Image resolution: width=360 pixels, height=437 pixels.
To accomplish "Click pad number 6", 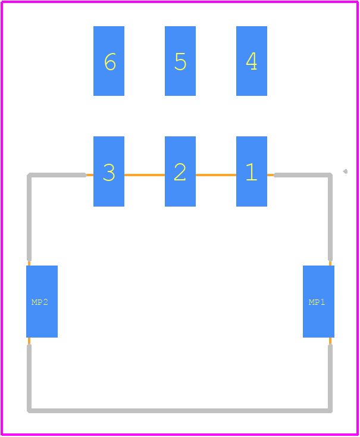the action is coord(109,61).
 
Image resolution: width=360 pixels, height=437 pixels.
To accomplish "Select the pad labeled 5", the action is coord(180,61).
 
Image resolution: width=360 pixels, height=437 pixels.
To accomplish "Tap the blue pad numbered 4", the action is coord(252,61).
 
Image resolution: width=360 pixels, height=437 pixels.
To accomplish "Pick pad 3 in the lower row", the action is coord(109,171).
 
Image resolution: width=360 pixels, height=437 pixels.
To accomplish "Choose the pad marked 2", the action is coord(180,171).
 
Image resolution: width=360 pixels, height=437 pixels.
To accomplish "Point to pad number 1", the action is coord(252,171).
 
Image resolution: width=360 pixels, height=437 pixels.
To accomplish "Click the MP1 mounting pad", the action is coord(318,301).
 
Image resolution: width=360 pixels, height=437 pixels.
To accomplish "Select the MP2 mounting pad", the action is coord(42,301).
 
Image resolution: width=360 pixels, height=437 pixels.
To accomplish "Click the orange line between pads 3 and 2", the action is coord(145,175).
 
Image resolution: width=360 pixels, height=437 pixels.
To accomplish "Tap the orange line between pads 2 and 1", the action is coord(216,175).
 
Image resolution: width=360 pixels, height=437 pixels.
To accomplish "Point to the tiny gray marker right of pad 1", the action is coord(345,171).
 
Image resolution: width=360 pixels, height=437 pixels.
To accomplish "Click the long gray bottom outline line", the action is coord(180,411).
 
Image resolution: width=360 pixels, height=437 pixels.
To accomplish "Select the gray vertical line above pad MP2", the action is coord(29,218).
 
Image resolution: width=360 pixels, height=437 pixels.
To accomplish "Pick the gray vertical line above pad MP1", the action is coord(330,218).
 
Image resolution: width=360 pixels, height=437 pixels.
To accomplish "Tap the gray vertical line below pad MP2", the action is coord(29,378).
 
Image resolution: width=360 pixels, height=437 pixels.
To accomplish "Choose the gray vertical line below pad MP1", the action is coord(330,378).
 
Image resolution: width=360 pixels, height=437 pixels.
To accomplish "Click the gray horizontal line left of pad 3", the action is coord(57,175).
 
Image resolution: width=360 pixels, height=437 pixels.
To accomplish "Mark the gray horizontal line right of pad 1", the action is coord(303,175).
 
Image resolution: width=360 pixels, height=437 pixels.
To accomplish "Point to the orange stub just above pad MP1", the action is coord(330,263).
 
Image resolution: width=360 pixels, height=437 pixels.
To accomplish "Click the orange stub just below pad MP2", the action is coord(29,341).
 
